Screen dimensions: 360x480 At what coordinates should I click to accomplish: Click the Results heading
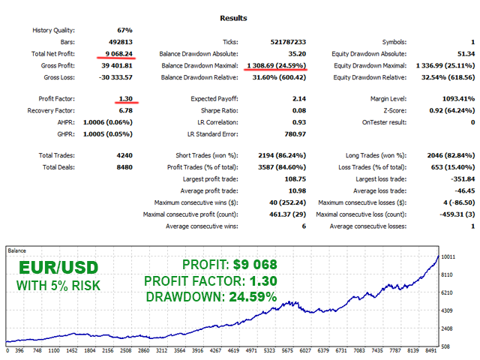click(x=239, y=17)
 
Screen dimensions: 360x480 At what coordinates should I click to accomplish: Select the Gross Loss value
click(x=115, y=78)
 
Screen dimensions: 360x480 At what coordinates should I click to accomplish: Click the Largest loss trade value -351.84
click(x=457, y=179)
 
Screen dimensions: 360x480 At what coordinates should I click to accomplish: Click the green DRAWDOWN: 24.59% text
click(x=211, y=297)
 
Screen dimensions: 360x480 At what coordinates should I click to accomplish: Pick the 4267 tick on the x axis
click(x=215, y=349)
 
